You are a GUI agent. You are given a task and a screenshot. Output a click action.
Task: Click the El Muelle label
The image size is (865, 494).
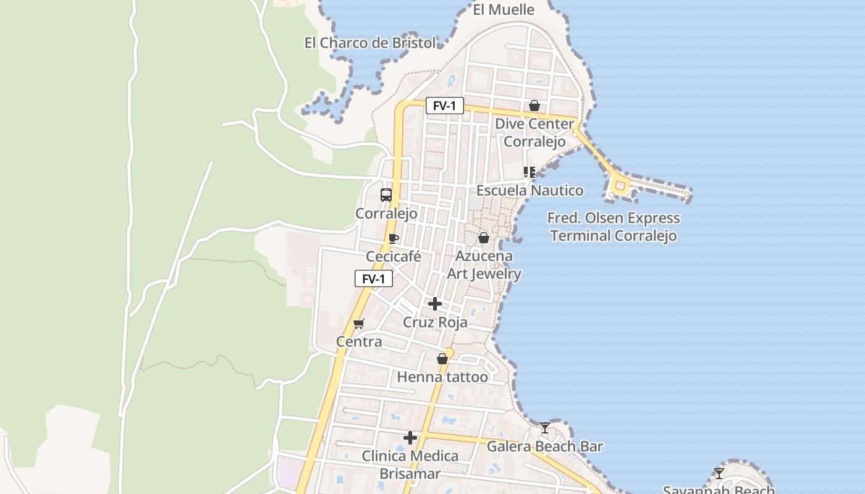point(504,9)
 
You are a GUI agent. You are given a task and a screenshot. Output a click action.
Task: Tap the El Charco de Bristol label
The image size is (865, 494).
point(370,43)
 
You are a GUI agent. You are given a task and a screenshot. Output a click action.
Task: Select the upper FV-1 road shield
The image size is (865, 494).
point(444,106)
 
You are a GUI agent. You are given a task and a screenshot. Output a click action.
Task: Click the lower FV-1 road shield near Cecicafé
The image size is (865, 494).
point(373,278)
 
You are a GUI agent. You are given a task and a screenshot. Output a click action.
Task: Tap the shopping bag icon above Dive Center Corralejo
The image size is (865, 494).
point(534,106)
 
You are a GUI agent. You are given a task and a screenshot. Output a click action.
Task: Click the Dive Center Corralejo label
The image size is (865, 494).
point(534,132)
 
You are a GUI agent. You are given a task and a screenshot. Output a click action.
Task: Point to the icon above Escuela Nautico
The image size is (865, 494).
point(529,172)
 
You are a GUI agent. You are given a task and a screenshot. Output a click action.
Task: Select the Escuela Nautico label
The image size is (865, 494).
point(530,190)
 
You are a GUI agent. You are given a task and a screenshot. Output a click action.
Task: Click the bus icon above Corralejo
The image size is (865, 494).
point(386,195)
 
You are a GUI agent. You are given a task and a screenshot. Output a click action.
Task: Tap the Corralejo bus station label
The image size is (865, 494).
point(386,214)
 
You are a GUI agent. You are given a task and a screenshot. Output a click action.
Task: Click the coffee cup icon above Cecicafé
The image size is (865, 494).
point(394,238)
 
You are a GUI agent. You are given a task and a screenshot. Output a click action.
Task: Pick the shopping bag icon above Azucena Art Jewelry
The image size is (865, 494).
point(484,238)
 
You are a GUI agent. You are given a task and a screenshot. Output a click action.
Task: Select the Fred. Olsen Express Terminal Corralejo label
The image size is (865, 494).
point(614,227)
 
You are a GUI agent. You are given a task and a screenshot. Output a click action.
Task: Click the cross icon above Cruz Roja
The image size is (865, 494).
point(435,304)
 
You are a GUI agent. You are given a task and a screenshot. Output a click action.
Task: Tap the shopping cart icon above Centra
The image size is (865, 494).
point(358,324)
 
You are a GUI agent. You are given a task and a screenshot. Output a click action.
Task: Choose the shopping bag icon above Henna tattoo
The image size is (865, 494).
point(442,359)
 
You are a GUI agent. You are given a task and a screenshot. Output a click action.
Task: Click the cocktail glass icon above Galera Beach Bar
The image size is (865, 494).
point(544,427)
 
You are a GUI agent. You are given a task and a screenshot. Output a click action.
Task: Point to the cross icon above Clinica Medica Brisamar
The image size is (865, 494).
point(410,438)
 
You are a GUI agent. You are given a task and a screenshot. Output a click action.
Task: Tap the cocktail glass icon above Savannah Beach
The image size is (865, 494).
point(719,474)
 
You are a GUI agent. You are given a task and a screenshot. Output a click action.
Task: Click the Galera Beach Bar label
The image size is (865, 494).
point(545,446)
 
